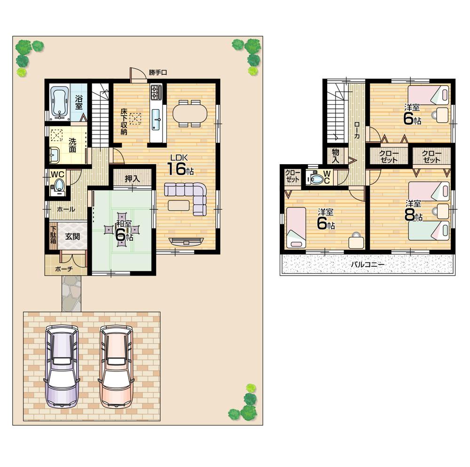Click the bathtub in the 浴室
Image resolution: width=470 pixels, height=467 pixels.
[x=60, y=102]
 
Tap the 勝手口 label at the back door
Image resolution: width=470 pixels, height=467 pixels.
[x=158, y=72]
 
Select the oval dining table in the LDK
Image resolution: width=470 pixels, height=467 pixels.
[x=189, y=114]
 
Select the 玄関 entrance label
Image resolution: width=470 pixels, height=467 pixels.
[x=72, y=237]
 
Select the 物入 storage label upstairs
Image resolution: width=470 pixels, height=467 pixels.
[x=336, y=155]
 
